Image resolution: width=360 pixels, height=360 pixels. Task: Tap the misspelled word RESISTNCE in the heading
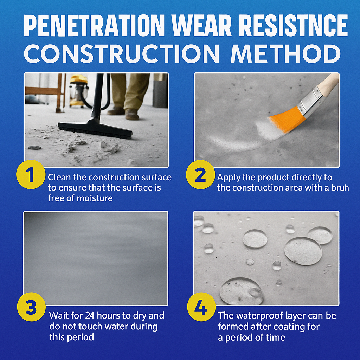294,25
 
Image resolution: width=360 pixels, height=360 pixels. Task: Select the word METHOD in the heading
285,54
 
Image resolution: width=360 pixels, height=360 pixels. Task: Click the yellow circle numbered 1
31,174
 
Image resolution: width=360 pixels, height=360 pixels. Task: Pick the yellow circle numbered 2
200,174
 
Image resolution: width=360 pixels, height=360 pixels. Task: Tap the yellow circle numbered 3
31,307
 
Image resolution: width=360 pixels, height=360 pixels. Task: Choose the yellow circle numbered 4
201,307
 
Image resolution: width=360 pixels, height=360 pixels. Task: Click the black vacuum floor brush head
95,130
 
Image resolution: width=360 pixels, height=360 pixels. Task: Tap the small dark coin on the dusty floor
34,148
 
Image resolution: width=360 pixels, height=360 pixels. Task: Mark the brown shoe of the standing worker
132,114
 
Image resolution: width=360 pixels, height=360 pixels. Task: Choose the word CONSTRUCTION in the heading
122,54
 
